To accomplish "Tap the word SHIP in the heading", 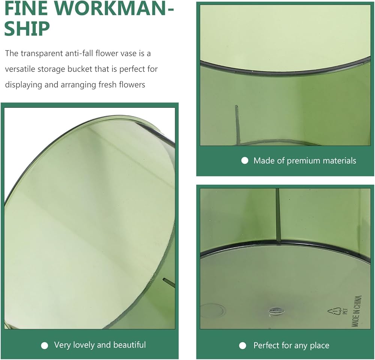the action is (27, 28).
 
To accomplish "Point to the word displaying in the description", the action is (24, 85).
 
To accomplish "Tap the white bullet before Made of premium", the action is (244, 161).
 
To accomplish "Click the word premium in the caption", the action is (303, 161).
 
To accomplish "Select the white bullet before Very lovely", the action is (45, 345).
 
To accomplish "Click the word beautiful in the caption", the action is (129, 345).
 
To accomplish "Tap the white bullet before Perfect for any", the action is (243, 346).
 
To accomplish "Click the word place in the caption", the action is (319, 346).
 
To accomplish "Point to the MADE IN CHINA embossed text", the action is (356, 311).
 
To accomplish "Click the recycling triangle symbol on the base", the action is (334, 312).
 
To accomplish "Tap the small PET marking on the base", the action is (345, 311).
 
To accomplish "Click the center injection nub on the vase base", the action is (276, 312).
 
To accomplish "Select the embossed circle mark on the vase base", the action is (213, 311).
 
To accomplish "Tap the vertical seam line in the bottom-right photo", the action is (277, 214).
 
